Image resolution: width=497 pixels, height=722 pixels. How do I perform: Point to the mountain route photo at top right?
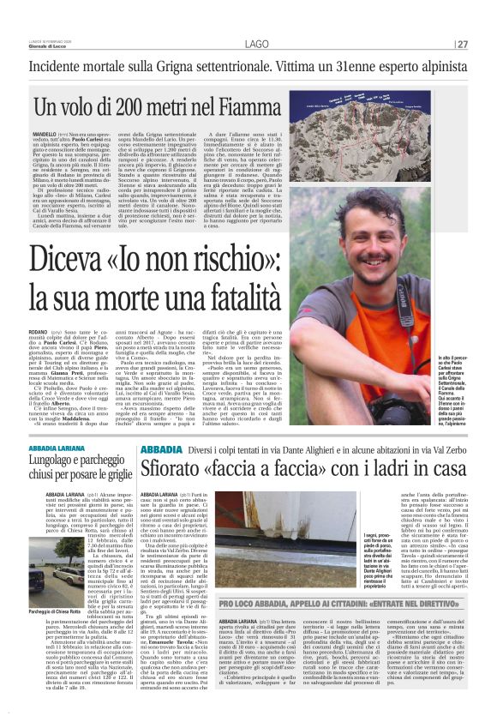tap(395, 129)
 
